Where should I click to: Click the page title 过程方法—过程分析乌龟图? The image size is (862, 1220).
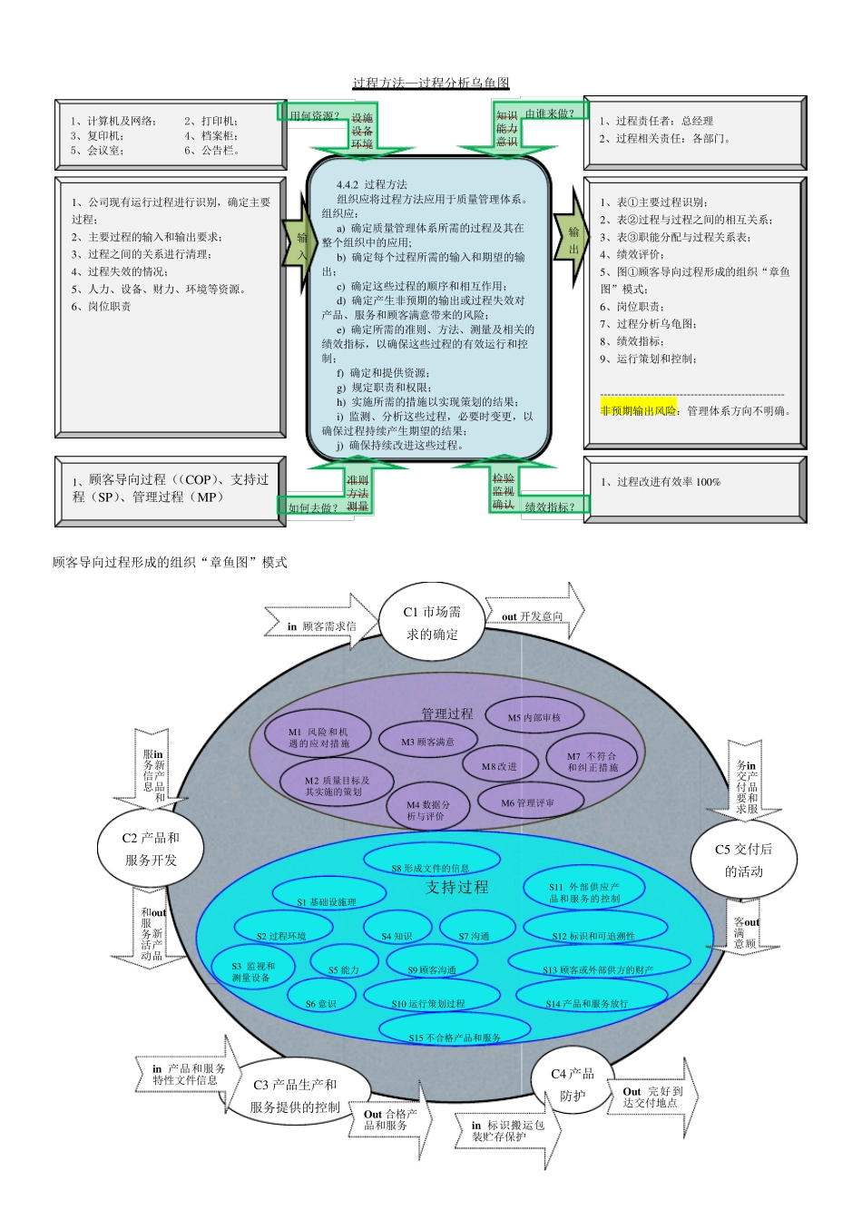431,84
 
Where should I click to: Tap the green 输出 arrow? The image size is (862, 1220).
573,241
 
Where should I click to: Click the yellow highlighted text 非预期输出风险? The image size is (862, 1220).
639,410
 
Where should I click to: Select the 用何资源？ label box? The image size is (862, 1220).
314,115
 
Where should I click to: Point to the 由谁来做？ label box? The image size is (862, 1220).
550,113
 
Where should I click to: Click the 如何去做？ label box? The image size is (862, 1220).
312,507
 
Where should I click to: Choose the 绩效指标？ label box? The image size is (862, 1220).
551,507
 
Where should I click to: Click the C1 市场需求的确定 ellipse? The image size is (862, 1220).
431,623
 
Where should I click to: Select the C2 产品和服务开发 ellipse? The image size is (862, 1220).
151,849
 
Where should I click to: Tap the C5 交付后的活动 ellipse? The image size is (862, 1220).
743,860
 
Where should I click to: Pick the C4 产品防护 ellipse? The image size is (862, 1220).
573,1084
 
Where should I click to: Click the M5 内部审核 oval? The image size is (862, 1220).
534,717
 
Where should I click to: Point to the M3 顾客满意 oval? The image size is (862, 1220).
427,742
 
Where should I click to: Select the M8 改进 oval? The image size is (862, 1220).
499,766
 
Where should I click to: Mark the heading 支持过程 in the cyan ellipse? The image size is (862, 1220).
456,887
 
